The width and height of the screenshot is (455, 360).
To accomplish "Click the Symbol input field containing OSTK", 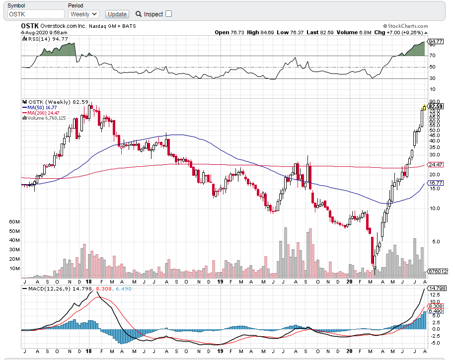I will (x=35, y=14).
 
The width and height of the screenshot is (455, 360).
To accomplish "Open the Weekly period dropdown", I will (x=83, y=14).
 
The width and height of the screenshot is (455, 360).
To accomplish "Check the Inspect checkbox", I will (x=168, y=14).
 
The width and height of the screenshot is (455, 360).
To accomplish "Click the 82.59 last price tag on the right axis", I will (x=435, y=106).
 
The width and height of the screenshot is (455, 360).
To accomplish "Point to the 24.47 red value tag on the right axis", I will (x=435, y=164).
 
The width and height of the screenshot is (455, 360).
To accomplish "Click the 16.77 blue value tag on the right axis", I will (x=435, y=183).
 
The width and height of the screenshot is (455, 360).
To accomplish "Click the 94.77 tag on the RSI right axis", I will (x=436, y=42).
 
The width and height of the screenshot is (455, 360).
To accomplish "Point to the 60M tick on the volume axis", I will (x=14, y=221).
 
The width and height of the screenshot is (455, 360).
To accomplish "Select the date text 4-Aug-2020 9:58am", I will (x=40, y=32).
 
